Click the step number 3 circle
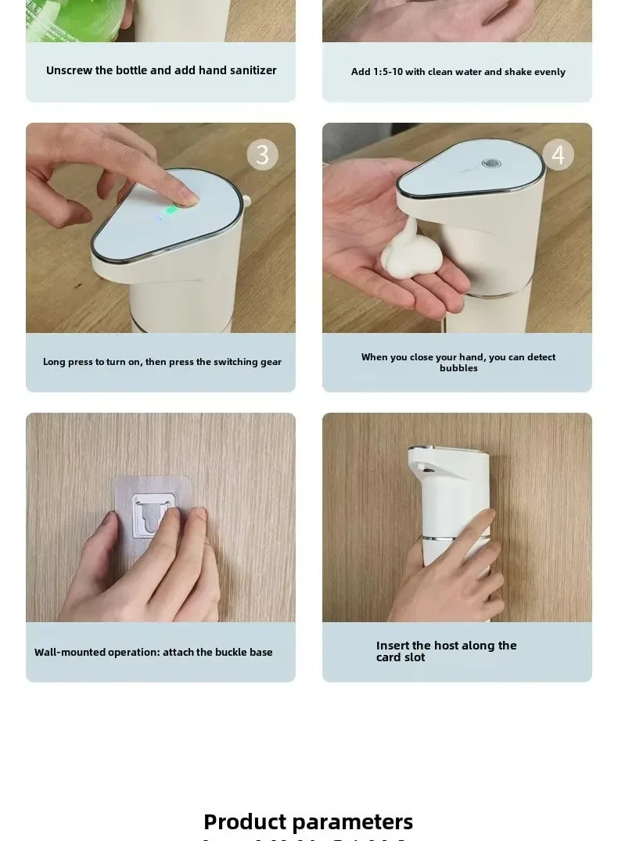(x=262, y=155)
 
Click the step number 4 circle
(x=558, y=155)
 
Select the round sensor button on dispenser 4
(x=491, y=164)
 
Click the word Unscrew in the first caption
(x=69, y=70)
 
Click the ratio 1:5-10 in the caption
(x=387, y=72)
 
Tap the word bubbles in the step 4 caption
(x=458, y=368)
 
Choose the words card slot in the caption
(x=401, y=657)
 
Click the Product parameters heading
(x=308, y=821)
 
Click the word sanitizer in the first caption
(x=252, y=70)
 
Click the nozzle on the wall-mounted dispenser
(x=422, y=467)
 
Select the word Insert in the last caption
(x=393, y=646)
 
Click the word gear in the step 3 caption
(x=270, y=362)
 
